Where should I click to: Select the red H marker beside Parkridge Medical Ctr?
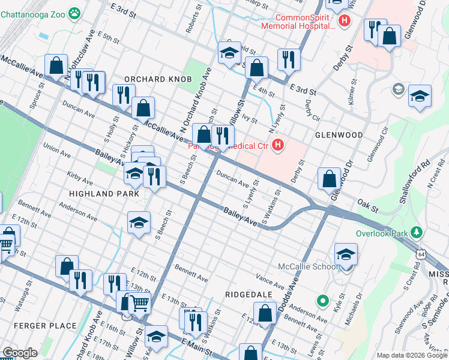(277, 145)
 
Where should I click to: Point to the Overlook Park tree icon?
(414, 232)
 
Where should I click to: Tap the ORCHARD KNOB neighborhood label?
(157, 79)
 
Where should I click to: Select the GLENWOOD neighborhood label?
(338, 135)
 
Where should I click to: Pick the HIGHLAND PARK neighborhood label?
(104, 194)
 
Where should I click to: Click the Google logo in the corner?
(20, 353)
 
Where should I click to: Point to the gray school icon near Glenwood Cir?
(397, 89)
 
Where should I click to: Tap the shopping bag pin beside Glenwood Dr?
(329, 179)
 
